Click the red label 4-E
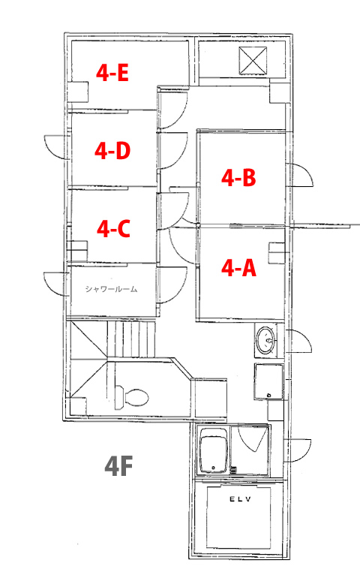pyautogui.click(x=112, y=73)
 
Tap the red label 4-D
pyautogui.click(x=112, y=151)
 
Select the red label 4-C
pyautogui.click(x=113, y=229)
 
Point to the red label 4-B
pyautogui.click(x=238, y=178)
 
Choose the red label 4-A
pyautogui.click(x=238, y=268)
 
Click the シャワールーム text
pyautogui.click(x=111, y=289)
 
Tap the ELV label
pyautogui.click(x=240, y=499)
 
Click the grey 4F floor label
pyautogui.click(x=118, y=466)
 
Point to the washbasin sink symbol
pyautogui.click(x=266, y=340)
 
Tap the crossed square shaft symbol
pyautogui.click(x=253, y=61)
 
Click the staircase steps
pyautogui.click(x=131, y=339)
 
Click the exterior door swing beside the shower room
pyautogui.click(x=55, y=284)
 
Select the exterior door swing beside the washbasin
pyautogui.click(x=299, y=342)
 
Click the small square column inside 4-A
pyautogui.click(x=276, y=253)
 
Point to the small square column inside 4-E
pyautogui.click(x=78, y=92)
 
